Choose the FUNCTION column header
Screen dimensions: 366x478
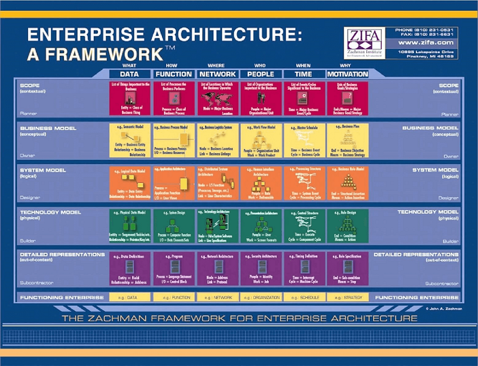click(173, 74)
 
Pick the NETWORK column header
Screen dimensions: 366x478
click(217, 74)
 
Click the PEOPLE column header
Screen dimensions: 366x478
click(261, 74)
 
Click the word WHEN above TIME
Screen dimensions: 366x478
click(303, 65)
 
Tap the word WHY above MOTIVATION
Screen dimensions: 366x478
click(345, 65)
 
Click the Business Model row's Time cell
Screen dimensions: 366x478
click(304, 141)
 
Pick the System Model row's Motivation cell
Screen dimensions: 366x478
click(348, 184)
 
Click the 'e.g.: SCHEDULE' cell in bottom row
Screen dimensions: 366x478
click(304, 297)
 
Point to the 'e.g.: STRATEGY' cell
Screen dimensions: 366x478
click(348, 297)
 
